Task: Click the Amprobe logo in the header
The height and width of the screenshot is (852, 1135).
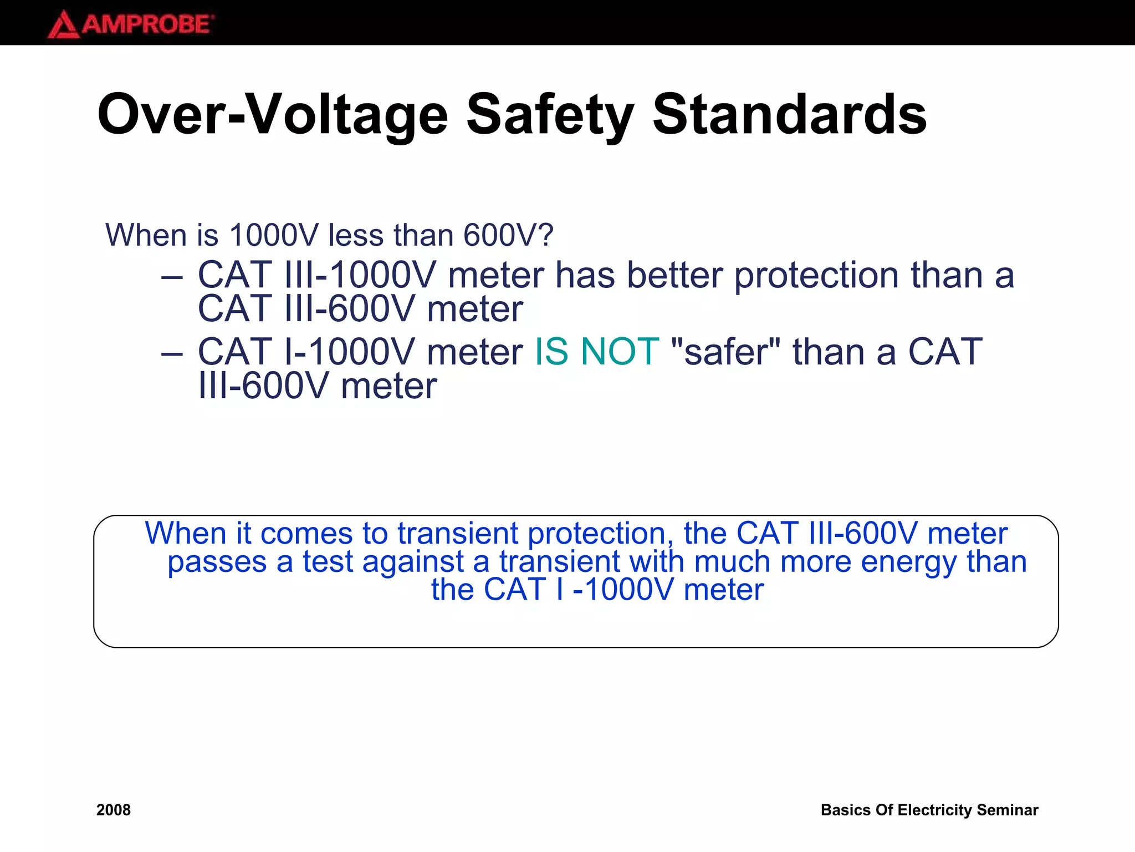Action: pyautogui.click(x=131, y=24)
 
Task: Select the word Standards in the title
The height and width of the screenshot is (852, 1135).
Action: pyautogui.click(x=789, y=115)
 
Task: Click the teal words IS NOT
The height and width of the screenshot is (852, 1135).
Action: pyautogui.click(x=596, y=352)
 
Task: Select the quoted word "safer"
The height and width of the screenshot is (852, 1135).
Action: pyautogui.click(x=725, y=352)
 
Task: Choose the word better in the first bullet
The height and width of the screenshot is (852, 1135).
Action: pyautogui.click(x=675, y=276)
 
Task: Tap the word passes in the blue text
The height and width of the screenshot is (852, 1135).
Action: pyautogui.click(x=217, y=562)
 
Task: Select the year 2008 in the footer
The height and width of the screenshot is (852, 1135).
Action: pyautogui.click(x=114, y=810)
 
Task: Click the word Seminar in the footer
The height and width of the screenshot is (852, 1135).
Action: pyautogui.click(x=1007, y=810)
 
